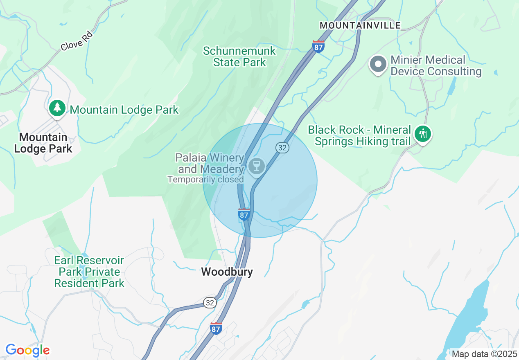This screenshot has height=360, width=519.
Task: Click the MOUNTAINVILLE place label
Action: pyautogui.click(x=360, y=25)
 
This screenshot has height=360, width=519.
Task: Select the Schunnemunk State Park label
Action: pyautogui.click(x=239, y=57)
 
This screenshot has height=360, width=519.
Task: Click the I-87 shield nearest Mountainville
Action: pyautogui.click(x=318, y=46)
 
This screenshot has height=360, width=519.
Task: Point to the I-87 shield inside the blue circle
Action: pyautogui.click(x=244, y=214)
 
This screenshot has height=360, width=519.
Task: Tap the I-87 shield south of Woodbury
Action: pyautogui.click(x=216, y=328)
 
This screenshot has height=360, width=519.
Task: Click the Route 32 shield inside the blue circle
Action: pyautogui.click(x=282, y=148)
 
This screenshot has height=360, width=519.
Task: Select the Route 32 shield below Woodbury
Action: pyautogui.click(x=210, y=303)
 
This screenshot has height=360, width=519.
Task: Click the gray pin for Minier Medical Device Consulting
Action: pyautogui.click(x=378, y=65)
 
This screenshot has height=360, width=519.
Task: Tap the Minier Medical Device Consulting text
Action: pyautogui.click(x=436, y=66)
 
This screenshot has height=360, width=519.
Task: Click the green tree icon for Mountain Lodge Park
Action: pyautogui.click(x=57, y=108)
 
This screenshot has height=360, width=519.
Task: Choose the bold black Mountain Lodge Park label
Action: pyautogui.click(x=43, y=143)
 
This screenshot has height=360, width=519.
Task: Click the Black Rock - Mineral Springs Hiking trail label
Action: pyautogui.click(x=359, y=136)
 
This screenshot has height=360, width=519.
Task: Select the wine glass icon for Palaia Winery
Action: pyautogui.click(x=257, y=166)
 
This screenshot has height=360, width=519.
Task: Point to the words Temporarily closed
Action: pyautogui.click(x=205, y=179)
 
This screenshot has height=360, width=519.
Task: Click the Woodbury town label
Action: pyautogui.click(x=227, y=272)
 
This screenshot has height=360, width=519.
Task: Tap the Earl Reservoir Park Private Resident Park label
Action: pyautogui.click(x=89, y=272)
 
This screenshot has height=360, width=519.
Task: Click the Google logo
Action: pyautogui.click(x=27, y=350)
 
